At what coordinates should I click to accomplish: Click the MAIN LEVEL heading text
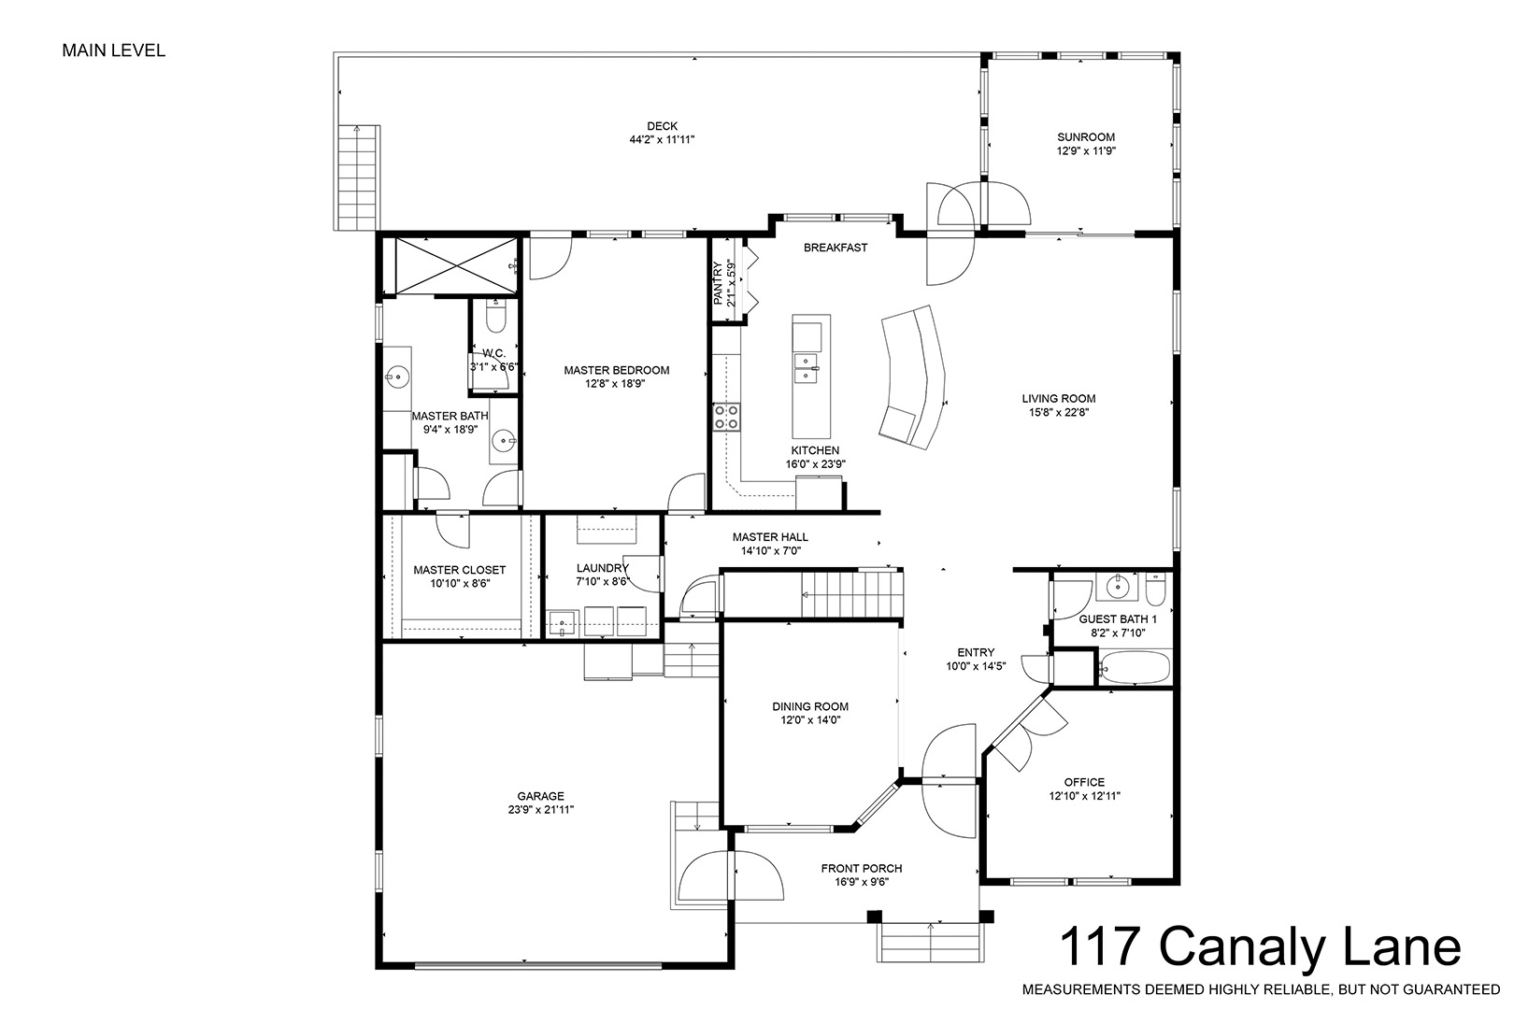click(x=114, y=50)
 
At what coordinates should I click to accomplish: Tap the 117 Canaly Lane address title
click(x=1260, y=946)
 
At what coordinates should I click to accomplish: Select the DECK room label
click(x=662, y=126)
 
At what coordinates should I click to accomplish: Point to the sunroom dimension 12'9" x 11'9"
click(x=1086, y=151)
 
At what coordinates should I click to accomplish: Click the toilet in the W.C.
click(x=496, y=317)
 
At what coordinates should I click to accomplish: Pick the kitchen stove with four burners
click(x=726, y=417)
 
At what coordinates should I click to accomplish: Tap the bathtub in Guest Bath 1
click(x=1135, y=668)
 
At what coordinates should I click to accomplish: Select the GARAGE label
click(x=541, y=796)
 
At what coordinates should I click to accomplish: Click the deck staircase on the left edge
click(x=358, y=177)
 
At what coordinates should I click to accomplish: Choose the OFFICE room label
click(x=1084, y=782)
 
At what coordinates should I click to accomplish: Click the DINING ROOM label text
click(x=810, y=706)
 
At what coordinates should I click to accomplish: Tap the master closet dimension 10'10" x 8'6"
click(x=460, y=583)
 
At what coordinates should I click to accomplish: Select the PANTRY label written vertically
click(x=719, y=284)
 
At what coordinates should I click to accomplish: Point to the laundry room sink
click(x=562, y=622)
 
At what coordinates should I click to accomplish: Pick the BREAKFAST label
click(x=836, y=248)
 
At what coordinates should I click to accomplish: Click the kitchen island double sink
click(x=806, y=369)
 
